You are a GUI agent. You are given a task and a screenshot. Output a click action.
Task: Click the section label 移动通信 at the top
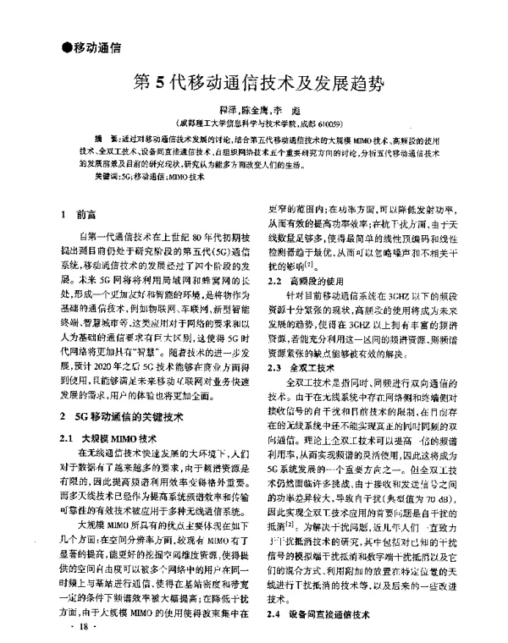point(97,46)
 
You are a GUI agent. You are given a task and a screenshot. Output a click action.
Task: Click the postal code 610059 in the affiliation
point(323,123)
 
